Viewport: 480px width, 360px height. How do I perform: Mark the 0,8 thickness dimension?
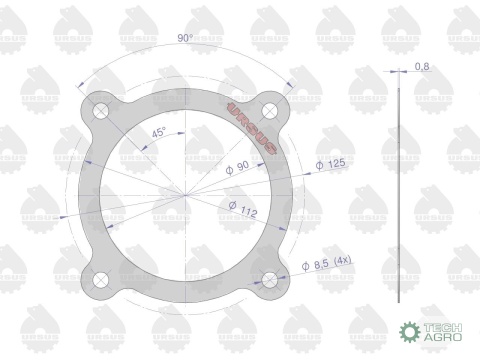[421, 67]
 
